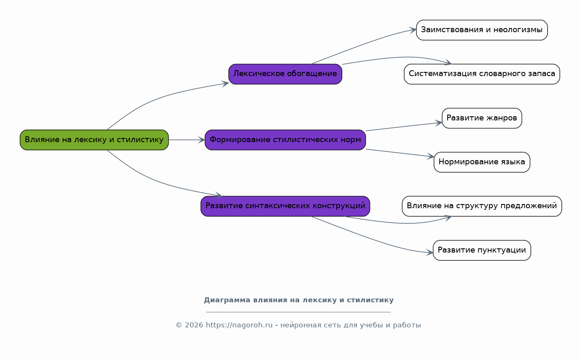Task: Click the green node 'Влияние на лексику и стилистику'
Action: click(94, 140)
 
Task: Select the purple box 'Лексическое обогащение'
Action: click(285, 74)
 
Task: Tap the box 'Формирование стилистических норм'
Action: click(285, 140)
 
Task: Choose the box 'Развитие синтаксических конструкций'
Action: click(285, 206)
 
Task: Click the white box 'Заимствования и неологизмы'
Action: click(482, 30)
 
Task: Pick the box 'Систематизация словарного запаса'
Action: click(482, 74)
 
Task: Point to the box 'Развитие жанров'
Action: click(482, 118)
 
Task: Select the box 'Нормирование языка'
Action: click(482, 162)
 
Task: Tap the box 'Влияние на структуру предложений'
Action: click(482, 206)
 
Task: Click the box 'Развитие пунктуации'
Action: click(482, 250)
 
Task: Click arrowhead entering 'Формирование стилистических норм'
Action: click(202, 140)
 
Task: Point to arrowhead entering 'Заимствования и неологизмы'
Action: click(413, 30)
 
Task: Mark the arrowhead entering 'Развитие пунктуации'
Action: click(429, 252)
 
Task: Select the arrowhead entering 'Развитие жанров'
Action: click(438, 123)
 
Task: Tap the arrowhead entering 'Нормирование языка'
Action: click(431, 156)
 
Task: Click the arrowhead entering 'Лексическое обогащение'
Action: click(225, 84)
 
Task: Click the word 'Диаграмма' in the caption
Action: click(227, 300)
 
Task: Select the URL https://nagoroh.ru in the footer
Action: click(239, 325)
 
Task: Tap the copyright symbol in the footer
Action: click(179, 325)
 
